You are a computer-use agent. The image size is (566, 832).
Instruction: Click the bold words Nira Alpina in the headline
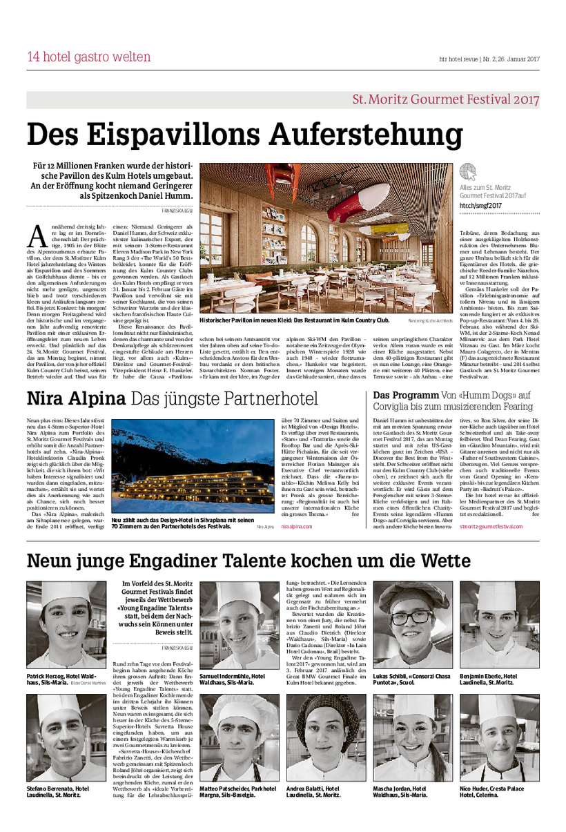(75, 398)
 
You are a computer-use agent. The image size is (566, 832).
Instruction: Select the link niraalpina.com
(297, 525)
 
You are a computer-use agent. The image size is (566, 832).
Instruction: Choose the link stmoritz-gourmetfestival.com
(498, 525)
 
